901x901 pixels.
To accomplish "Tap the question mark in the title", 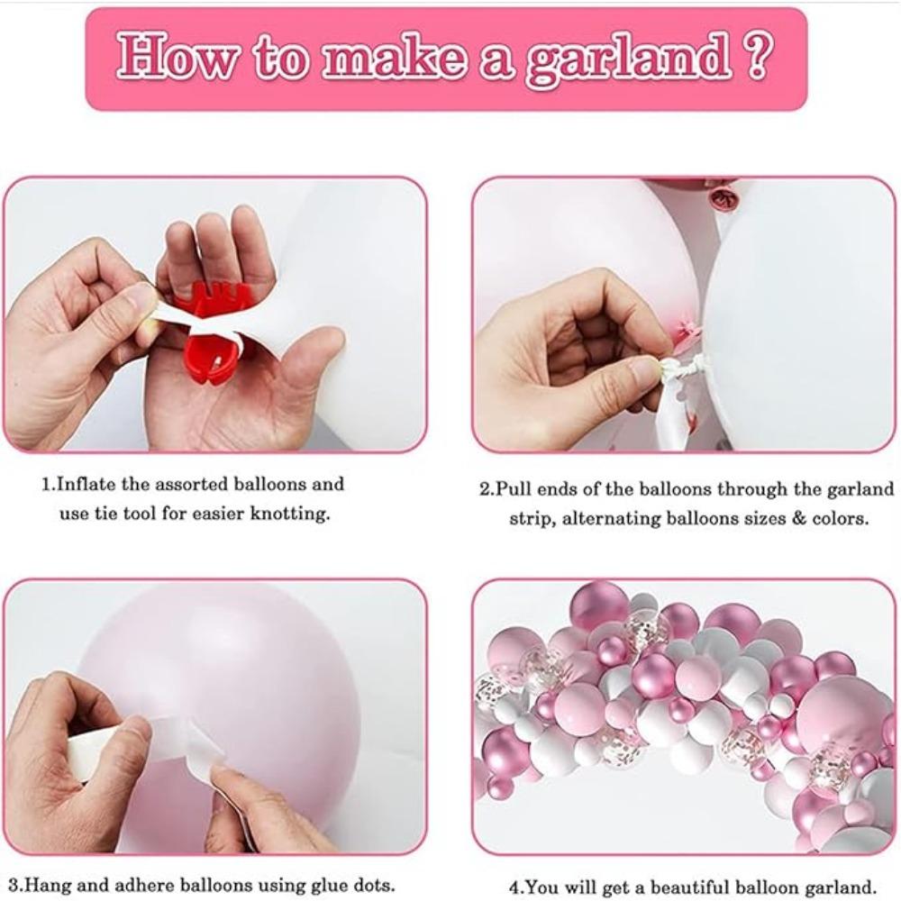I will [x=758, y=57].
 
